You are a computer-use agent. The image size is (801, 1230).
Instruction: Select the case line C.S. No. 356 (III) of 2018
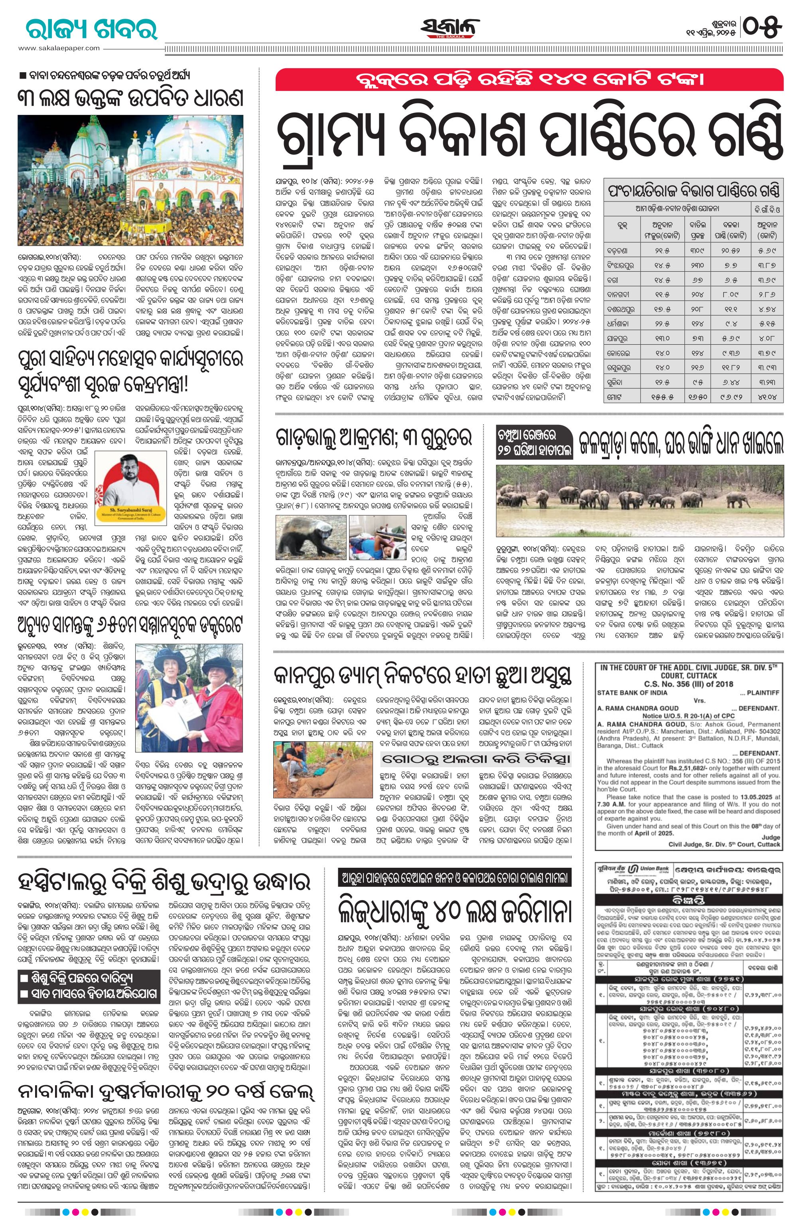click(688, 684)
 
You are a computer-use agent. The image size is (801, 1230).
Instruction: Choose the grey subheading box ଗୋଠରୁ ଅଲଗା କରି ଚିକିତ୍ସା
click(476, 759)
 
